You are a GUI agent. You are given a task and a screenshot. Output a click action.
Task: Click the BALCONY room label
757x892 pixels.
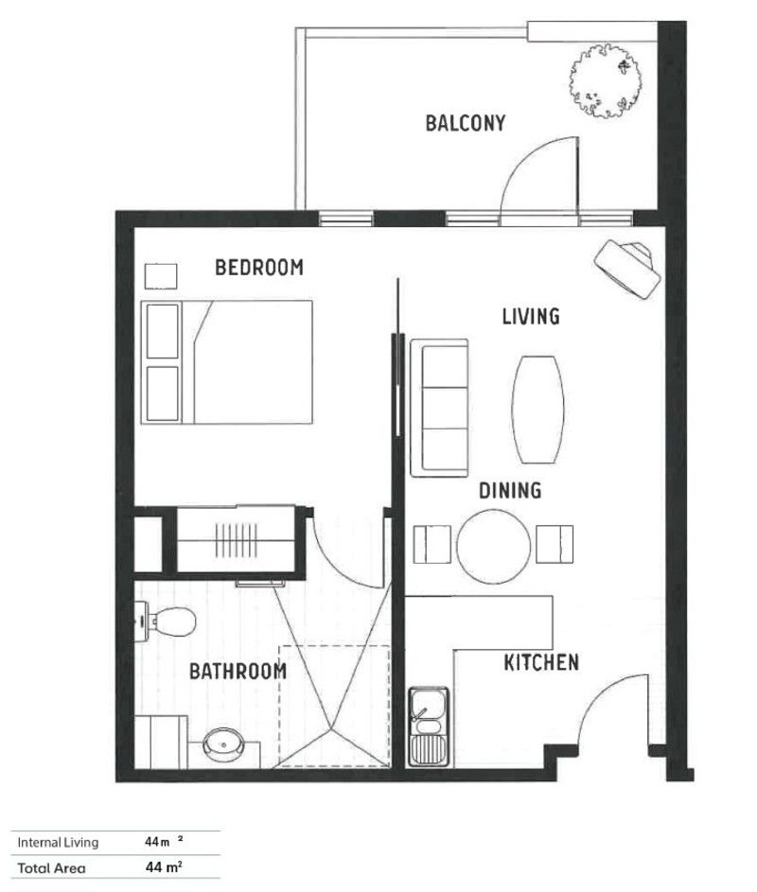coord(465,123)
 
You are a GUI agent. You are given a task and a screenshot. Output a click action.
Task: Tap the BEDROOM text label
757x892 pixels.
coord(259,268)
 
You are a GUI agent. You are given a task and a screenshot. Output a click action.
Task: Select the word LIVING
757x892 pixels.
coord(530,316)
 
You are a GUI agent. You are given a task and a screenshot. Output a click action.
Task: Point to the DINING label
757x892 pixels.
coord(509,490)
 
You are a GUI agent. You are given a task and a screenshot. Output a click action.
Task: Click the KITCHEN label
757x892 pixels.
coord(540,662)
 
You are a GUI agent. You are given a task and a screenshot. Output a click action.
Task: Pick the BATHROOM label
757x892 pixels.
coord(238,672)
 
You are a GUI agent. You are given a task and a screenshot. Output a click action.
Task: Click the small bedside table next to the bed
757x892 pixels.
coord(160,275)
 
